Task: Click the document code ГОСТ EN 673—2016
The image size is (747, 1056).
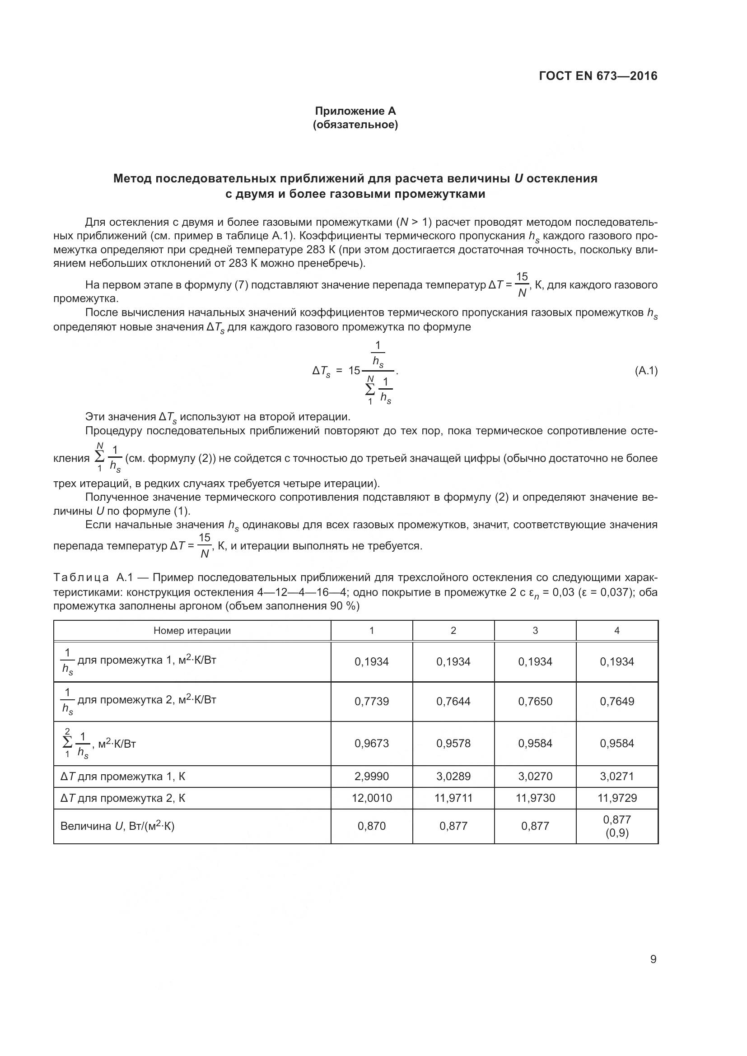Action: pyautogui.click(x=598, y=76)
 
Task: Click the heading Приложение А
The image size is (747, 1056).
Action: pyautogui.click(x=355, y=111)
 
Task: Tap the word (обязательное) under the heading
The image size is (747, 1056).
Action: pyautogui.click(x=355, y=125)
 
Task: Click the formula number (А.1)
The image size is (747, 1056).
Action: pyautogui.click(x=646, y=370)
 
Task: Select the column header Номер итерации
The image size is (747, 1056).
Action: pyautogui.click(x=192, y=631)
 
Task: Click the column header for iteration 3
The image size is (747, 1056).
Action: pyautogui.click(x=535, y=631)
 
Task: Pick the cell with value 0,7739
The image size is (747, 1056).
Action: pyautogui.click(x=372, y=702)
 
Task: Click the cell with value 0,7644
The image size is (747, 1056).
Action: pyautogui.click(x=453, y=702)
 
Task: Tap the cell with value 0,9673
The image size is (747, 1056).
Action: pyautogui.click(x=372, y=743)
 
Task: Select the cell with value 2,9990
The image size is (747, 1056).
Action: pyautogui.click(x=372, y=777)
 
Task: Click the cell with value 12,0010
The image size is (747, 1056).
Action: pyautogui.click(x=372, y=798)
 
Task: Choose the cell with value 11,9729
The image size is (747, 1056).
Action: pyautogui.click(x=617, y=798)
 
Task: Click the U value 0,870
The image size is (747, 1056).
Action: pyautogui.click(x=372, y=826)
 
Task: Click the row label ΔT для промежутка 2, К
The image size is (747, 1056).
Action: pyautogui.click(x=123, y=798)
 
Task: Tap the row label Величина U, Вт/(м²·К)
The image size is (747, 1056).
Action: pyautogui.click(x=117, y=826)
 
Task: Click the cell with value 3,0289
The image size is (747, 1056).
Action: pyautogui.click(x=453, y=777)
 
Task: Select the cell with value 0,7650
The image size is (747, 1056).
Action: pyautogui.click(x=535, y=702)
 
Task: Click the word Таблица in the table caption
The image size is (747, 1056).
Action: pyautogui.click(x=81, y=578)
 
